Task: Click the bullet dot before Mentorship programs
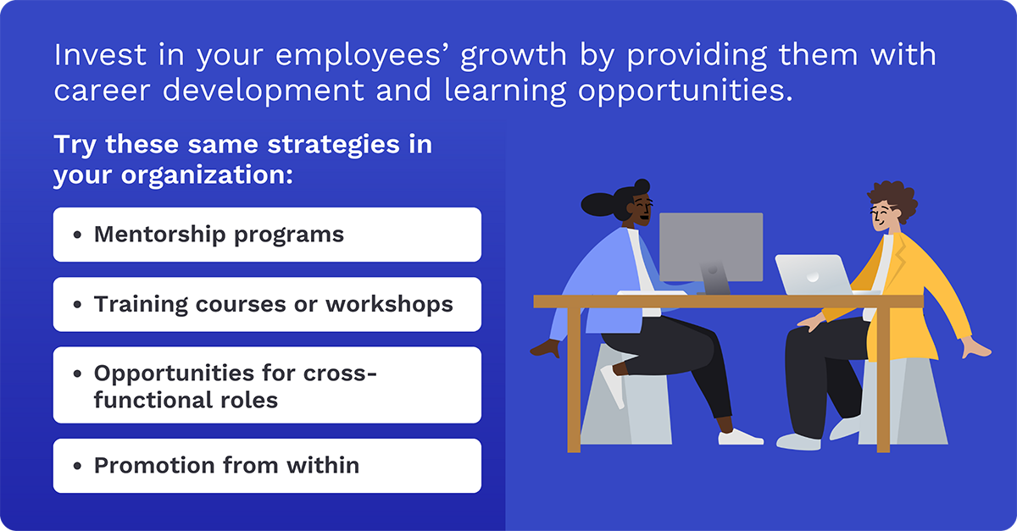pos(78,235)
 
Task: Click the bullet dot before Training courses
pos(78,304)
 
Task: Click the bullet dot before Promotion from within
pos(78,466)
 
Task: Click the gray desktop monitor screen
pos(711,246)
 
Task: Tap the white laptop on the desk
pos(813,274)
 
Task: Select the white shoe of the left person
pos(740,437)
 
